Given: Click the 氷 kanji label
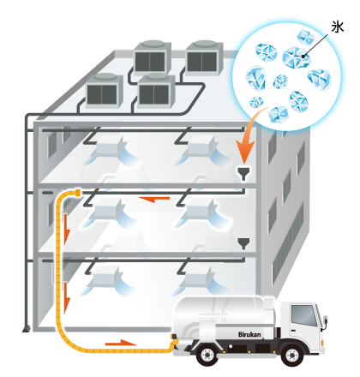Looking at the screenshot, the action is (338, 27).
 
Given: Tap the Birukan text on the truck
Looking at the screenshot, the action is (249, 334).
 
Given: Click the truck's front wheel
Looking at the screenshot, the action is (291, 355).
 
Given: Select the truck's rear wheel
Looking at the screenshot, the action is (207, 355).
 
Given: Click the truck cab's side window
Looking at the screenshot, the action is (303, 315).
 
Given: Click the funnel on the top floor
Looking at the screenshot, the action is (243, 173).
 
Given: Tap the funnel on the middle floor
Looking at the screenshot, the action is (243, 243).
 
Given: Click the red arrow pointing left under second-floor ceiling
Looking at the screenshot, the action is (154, 199).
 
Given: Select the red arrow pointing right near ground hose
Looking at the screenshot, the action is (121, 343).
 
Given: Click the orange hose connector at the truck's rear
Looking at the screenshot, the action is (174, 341).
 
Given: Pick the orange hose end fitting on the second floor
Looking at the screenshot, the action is (77, 193).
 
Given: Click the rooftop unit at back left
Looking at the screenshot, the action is (153, 57).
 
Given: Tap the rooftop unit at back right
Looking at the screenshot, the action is (204, 57).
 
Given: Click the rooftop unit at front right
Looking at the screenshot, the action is (156, 91).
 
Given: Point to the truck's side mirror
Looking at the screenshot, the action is (325, 321).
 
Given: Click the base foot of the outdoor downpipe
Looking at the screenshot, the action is (27, 329).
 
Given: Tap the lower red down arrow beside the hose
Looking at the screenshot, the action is (67, 297).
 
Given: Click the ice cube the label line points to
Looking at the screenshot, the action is (297, 57).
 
